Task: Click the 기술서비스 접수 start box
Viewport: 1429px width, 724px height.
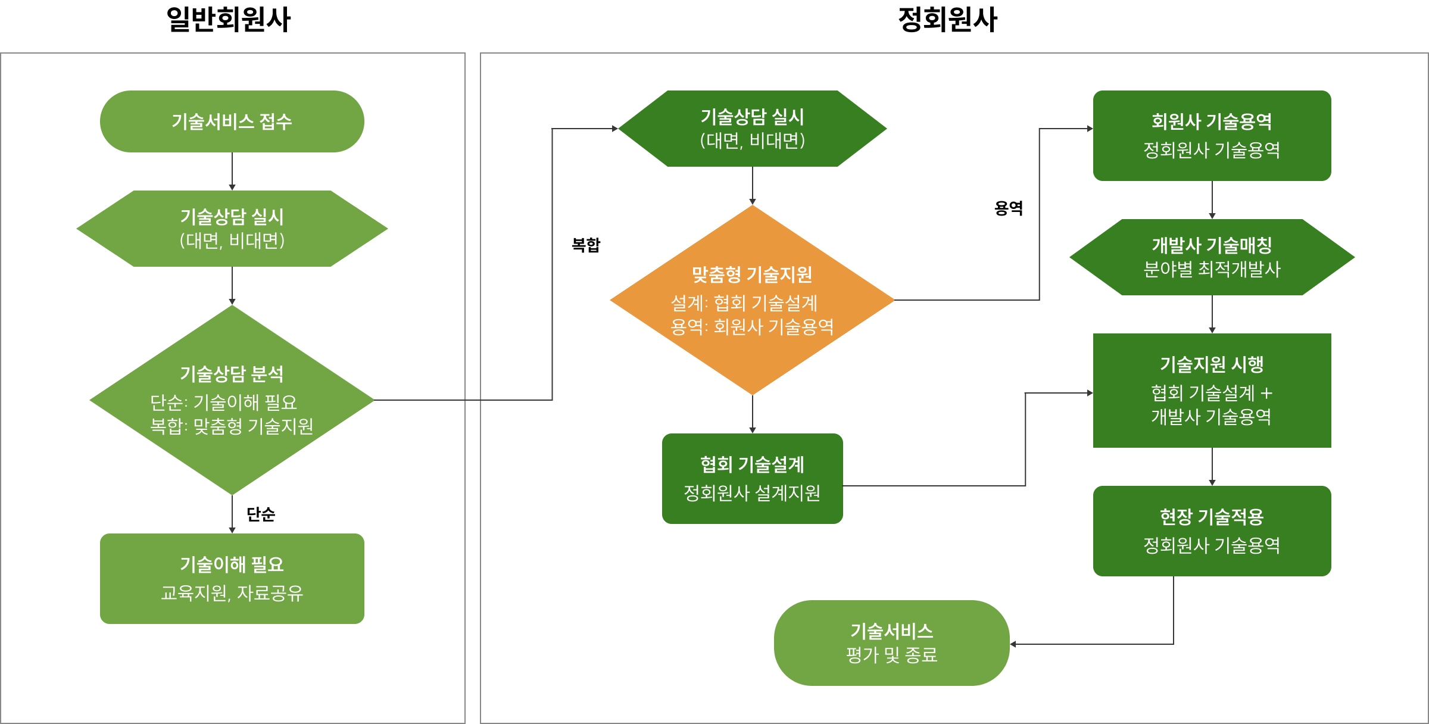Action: [x=232, y=121]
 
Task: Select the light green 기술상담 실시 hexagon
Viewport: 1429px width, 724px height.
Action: [x=232, y=229]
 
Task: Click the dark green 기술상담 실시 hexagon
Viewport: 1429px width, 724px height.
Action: [x=752, y=129]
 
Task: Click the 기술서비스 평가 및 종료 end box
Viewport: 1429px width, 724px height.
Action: [x=891, y=643]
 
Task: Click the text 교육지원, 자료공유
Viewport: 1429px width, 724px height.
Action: [x=232, y=593]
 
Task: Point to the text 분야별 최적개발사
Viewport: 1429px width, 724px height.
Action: [x=1212, y=270]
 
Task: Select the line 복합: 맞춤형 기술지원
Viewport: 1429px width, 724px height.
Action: [x=232, y=426]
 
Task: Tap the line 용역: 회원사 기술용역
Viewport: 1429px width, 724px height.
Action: [x=752, y=327]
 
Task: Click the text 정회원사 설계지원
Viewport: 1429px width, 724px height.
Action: [x=752, y=493]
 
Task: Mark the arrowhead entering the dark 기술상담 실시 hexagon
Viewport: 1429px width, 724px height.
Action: [x=616, y=129]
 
